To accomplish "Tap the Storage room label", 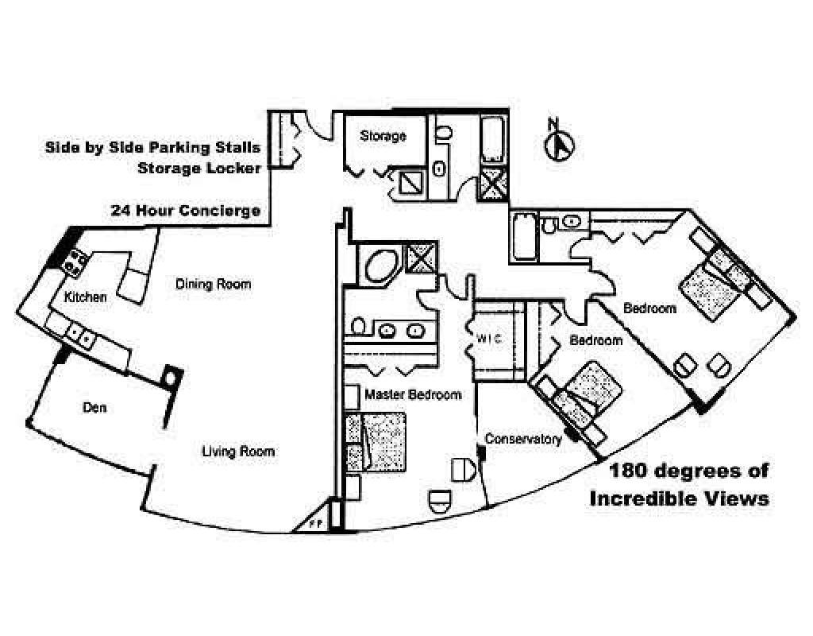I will coord(383,136).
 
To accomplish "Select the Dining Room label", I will coord(213,284).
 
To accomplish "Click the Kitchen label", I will coord(86,297).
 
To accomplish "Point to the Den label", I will coord(94,409).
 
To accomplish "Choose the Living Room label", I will coord(237,452).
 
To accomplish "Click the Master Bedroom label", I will coord(413,394).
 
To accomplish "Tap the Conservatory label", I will coord(523,438).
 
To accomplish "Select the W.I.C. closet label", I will coord(491,338).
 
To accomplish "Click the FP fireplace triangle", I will coord(315,521).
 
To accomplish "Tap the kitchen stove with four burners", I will coord(75,259).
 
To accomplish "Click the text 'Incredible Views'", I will coord(678,498).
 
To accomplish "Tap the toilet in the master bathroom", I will coord(359,326).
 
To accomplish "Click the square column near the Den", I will coord(171,374).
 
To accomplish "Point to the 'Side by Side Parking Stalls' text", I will coord(152,147).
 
